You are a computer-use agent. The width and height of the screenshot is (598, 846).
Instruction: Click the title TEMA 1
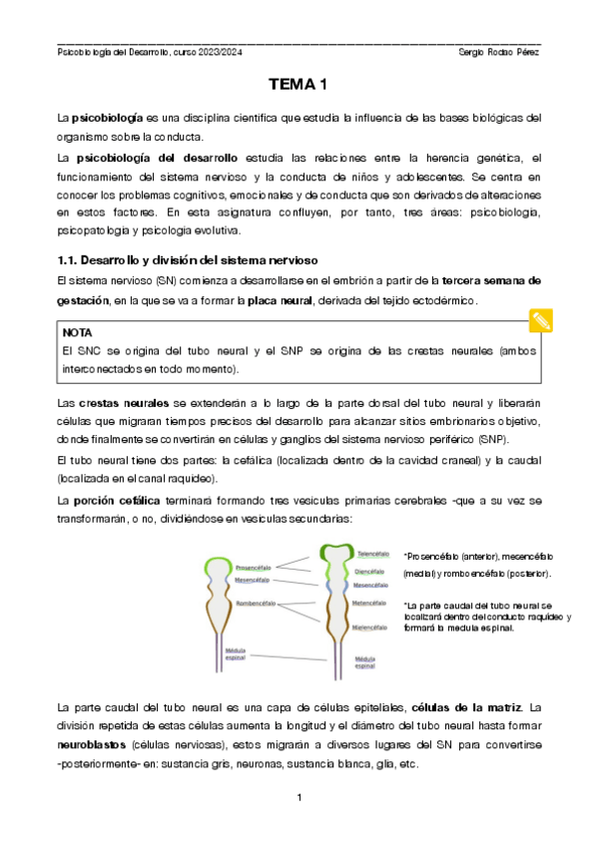(x=299, y=86)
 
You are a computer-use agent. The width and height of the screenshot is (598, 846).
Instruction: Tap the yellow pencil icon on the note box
(x=541, y=320)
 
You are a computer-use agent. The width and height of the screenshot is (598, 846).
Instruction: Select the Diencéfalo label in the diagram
(x=371, y=572)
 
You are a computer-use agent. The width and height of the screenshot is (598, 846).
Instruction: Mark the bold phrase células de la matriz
(x=465, y=707)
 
